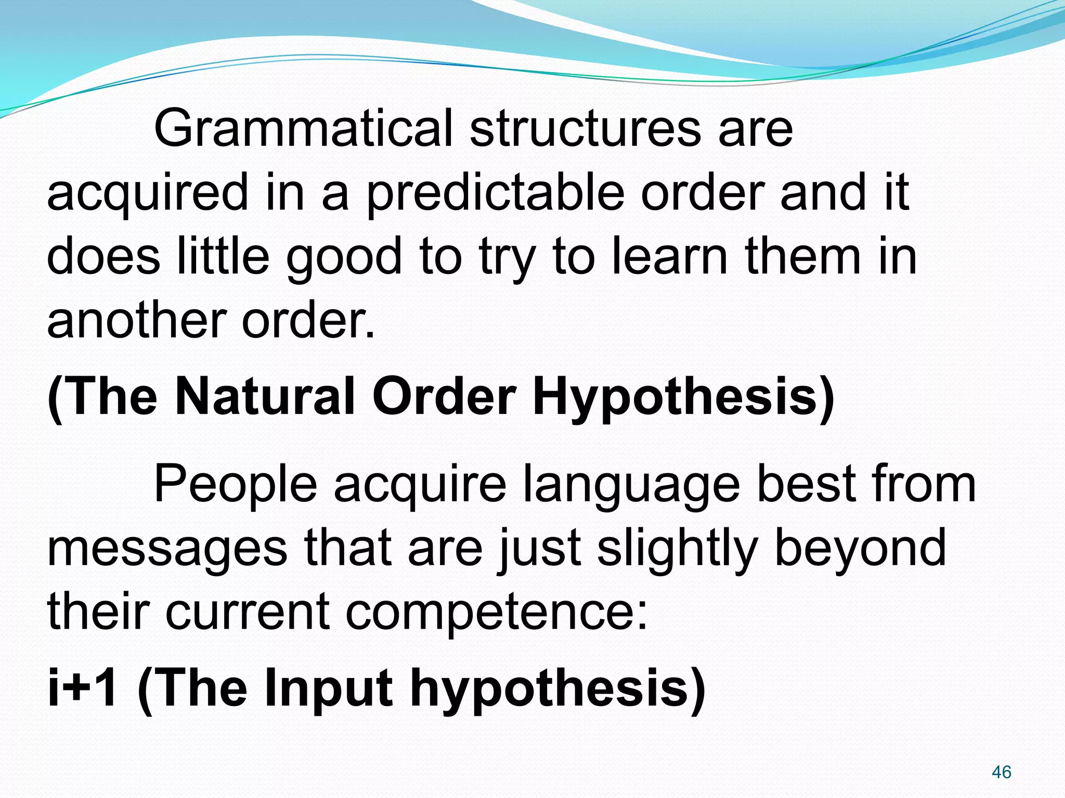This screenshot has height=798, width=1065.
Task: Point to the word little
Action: (223, 256)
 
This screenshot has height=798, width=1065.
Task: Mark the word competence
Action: (497, 613)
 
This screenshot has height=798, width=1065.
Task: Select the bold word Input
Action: (328, 689)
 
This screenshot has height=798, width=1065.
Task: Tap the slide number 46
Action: (1001, 772)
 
